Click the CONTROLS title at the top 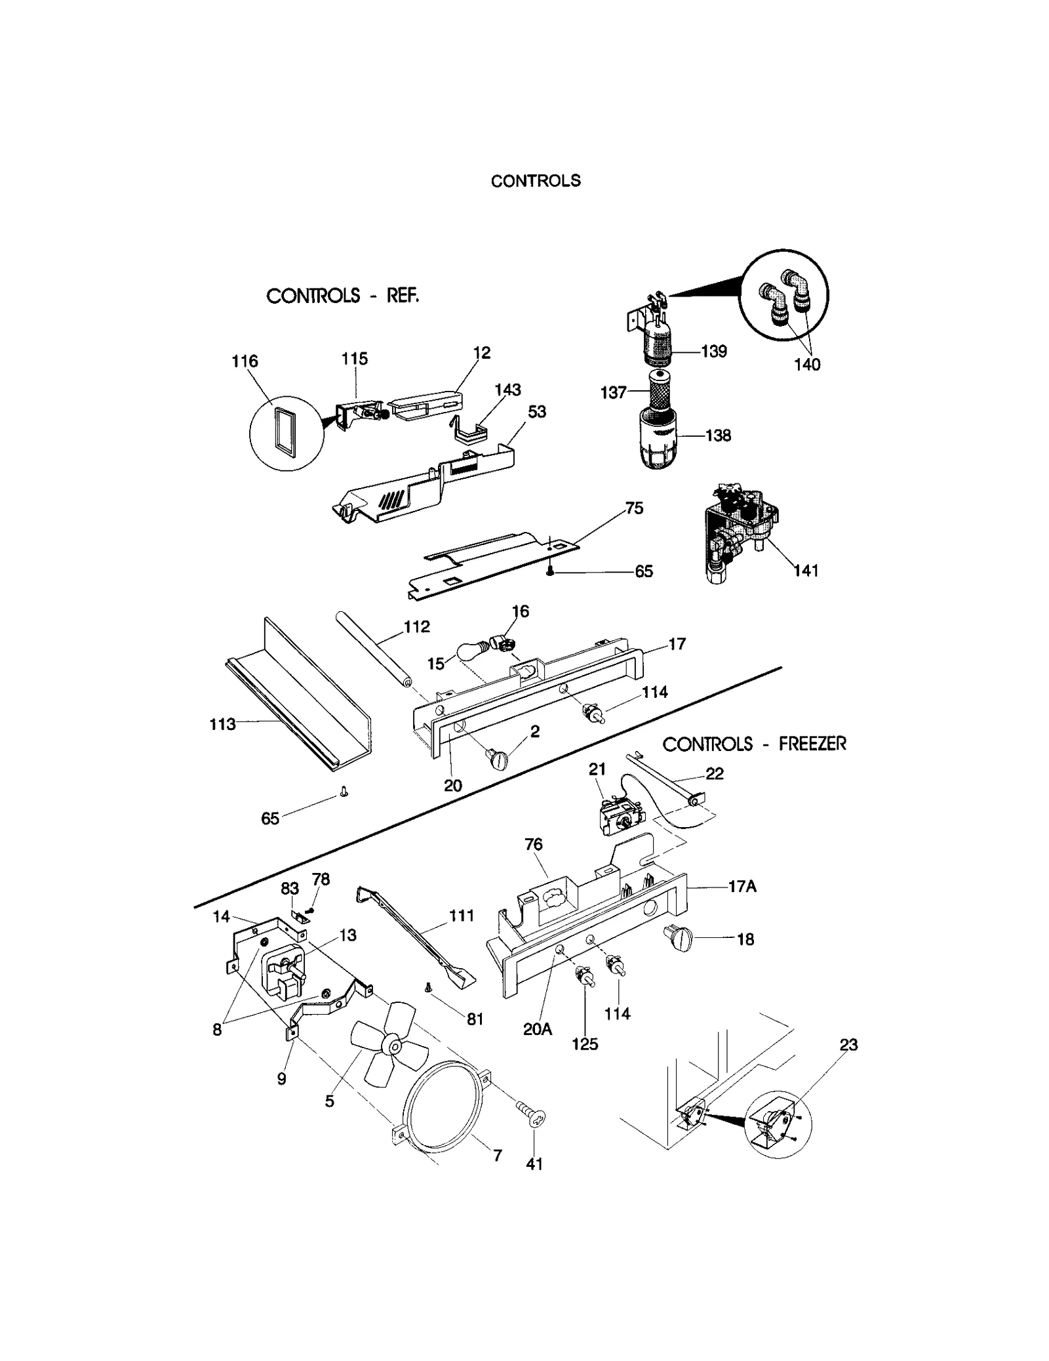point(536,181)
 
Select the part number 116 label point(245,361)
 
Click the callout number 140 point(807,365)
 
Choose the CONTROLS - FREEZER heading point(754,744)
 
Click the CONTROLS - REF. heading point(342,296)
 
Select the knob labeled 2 point(496,760)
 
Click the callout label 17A point(742,887)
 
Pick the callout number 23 point(848,1045)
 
